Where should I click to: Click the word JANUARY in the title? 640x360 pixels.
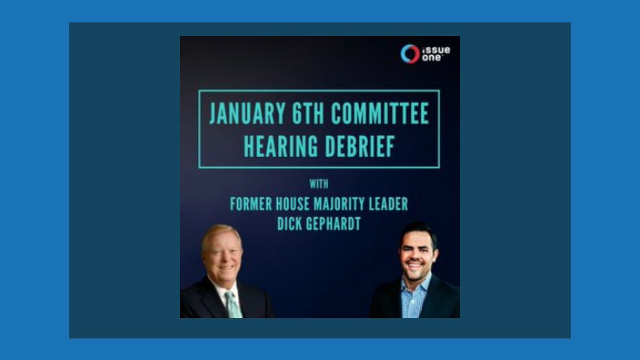(x=247, y=113)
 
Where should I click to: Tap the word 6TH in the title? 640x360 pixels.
(x=308, y=113)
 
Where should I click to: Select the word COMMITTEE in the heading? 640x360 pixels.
(x=380, y=113)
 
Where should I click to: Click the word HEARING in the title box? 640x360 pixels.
(x=281, y=146)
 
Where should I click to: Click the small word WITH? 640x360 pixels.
(x=319, y=184)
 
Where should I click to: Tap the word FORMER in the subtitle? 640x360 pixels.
(x=251, y=204)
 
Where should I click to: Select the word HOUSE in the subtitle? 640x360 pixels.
(x=293, y=204)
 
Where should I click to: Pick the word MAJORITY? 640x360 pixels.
(x=339, y=204)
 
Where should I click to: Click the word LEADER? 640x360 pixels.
(x=388, y=204)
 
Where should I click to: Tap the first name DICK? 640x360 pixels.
(x=290, y=223)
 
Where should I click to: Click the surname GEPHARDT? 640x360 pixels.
(x=333, y=223)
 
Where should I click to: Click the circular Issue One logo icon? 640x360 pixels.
(x=410, y=54)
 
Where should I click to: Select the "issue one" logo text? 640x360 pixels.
(x=436, y=54)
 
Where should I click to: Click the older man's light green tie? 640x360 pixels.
(x=233, y=304)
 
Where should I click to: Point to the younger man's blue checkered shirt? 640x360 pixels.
(x=415, y=297)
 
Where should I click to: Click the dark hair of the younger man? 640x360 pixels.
(x=419, y=233)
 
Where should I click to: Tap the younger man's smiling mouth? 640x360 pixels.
(x=415, y=265)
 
